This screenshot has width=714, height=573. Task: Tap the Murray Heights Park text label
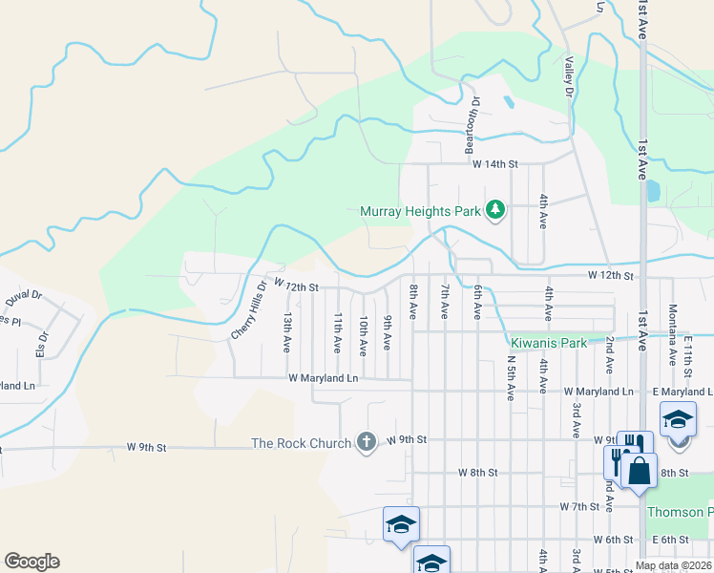[x=420, y=211]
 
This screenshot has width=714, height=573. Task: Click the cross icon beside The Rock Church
[x=365, y=441]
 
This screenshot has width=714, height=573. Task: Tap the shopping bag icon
[x=640, y=469]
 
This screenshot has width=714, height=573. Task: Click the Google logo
[x=31, y=562]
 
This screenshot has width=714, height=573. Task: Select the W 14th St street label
[x=494, y=164]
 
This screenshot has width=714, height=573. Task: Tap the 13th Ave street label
[x=286, y=331]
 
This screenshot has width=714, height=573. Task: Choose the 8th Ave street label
[x=413, y=302]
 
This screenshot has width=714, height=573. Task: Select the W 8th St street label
[x=478, y=473]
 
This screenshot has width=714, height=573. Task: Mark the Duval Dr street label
[x=24, y=297]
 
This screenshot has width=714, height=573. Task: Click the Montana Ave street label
[x=672, y=342]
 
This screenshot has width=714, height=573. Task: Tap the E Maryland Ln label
[x=685, y=393]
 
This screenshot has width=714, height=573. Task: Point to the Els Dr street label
[x=41, y=343]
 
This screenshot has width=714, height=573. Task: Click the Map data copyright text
[x=674, y=565]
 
